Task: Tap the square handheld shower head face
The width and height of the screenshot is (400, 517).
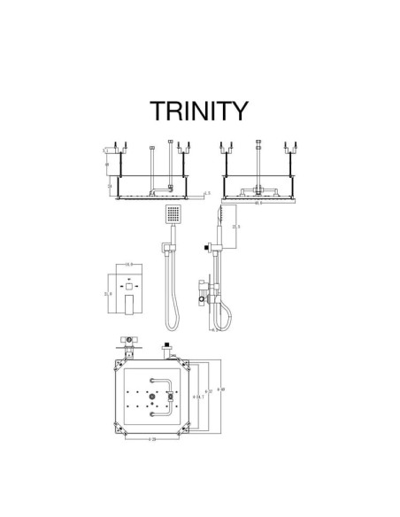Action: (173, 214)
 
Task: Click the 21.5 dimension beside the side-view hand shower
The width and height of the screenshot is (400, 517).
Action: (235, 226)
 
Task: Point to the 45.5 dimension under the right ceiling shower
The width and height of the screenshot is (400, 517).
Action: (256, 203)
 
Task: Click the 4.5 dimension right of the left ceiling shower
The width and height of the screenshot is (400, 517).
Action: (208, 192)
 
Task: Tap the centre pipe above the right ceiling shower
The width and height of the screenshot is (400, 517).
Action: (256, 159)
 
